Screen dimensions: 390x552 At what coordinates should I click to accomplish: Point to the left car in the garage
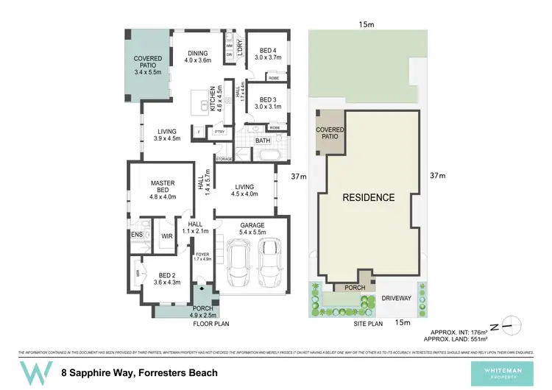tap(238, 263)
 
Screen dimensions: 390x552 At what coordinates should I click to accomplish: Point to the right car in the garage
tap(268, 263)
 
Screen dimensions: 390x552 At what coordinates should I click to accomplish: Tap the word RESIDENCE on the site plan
tap(367, 198)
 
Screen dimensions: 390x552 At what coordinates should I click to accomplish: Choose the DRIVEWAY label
tap(395, 298)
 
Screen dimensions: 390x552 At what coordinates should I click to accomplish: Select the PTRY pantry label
tap(219, 132)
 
